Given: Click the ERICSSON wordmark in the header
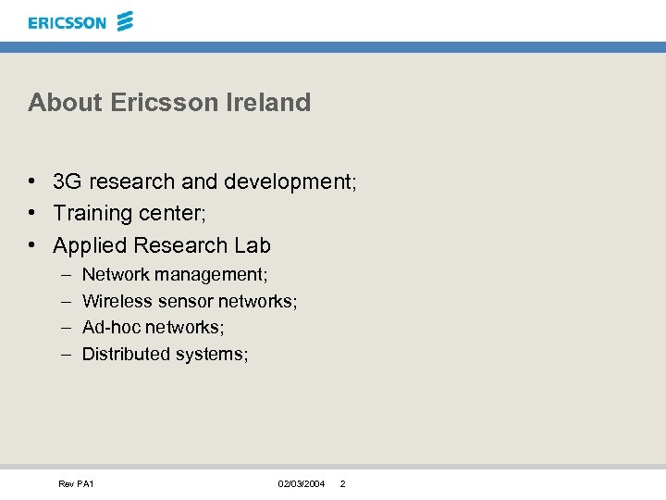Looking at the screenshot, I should tap(68, 22).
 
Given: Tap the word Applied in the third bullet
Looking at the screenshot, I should tap(90, 246).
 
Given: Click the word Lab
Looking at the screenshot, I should tap(253, 245).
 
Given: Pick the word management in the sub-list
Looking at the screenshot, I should tap(211, 275).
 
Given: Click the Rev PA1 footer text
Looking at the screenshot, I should tap(76, 484).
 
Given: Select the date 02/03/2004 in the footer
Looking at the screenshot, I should tap(302, 484).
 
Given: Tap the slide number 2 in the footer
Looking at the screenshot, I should tap(342, 484).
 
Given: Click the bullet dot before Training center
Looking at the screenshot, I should tap(32, 214).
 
